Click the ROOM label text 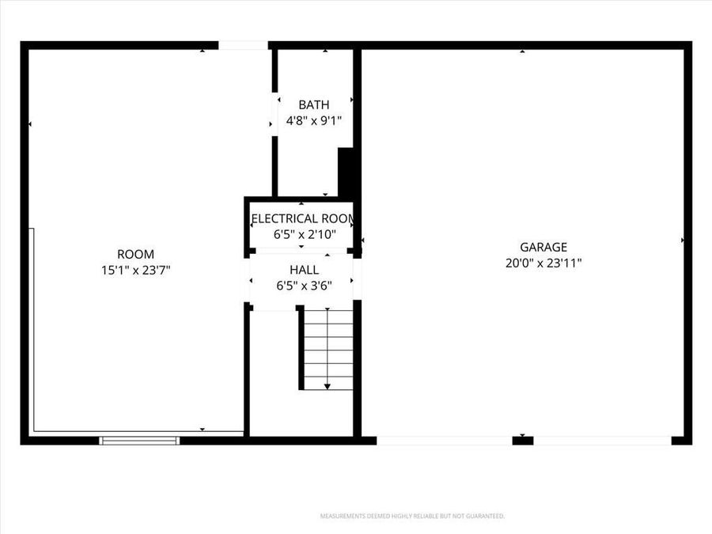click(135, 254)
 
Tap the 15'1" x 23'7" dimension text click(135, 270)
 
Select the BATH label click(313, 104)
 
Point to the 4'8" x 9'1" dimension click(313, 121)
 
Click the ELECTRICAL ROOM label click(302, 218)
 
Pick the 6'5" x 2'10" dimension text click(305, 234)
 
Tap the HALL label click(305, 270)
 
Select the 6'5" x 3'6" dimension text click(305, 286)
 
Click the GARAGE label click(543, 247)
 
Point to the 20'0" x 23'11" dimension click(543, 263)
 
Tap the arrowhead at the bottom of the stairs click(328, 386)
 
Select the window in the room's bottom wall click(139, 441)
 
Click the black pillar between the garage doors click(522, 441)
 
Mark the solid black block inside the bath click(346, 171)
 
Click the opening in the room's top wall click(243, 46)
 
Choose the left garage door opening click(444, 441)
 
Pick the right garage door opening click(602, 441)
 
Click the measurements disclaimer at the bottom click(411, 516)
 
